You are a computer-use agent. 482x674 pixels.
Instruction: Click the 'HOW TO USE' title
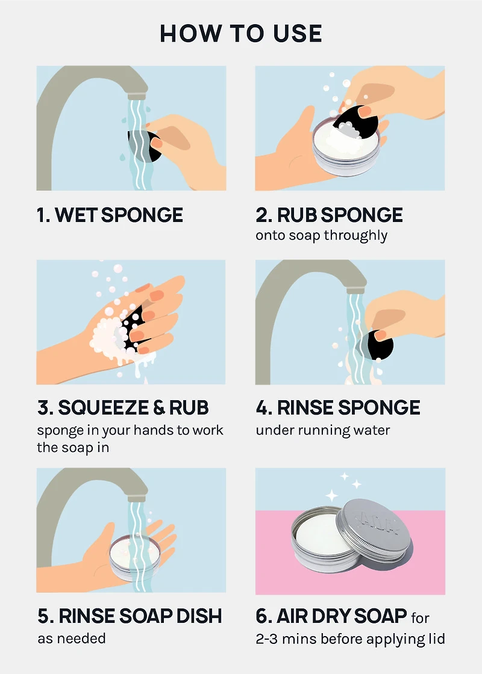click(x=241, y=33)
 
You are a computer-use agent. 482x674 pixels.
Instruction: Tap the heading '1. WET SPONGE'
click(x=110, y=214)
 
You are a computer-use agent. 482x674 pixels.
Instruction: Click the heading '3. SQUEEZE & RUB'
click(x=123, y=407)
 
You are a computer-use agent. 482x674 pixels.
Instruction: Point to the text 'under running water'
click(x=323, y=430)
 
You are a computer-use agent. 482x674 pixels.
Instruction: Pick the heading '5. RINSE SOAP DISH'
click(x=130, y=616)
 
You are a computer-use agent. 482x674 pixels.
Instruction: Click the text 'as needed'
click(x=72, y=638)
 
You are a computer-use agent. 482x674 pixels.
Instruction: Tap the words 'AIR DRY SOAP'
click(x=342, y=616)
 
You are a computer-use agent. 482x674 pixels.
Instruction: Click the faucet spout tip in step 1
click(x=137, y=96)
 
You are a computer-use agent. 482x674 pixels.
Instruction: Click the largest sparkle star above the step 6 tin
click(x=331, y=495)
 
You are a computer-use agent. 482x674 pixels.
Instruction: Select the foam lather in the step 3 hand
click(x=108, y=338)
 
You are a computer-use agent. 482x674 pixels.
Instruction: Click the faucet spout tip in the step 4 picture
click(x=355, y=289)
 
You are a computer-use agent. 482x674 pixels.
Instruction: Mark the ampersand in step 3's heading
click(x=159, y=408)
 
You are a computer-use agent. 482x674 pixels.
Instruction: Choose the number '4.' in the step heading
click(x=264, y=407)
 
